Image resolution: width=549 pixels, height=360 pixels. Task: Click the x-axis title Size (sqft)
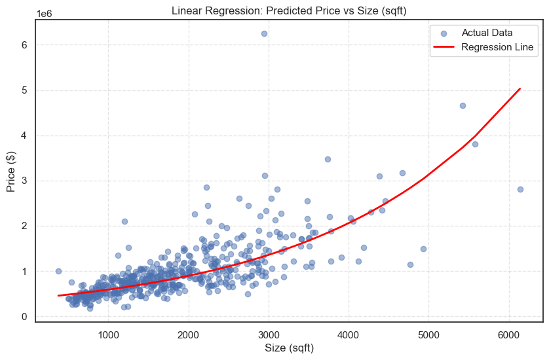point(288,348)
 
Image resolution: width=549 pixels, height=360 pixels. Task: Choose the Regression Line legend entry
point(497,47)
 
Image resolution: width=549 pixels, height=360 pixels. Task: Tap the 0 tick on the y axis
point(24,317)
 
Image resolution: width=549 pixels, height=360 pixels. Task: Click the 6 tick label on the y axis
point(24,45)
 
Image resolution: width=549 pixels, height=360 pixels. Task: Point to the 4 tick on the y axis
point(24,135)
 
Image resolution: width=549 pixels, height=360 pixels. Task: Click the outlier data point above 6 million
point(264,33)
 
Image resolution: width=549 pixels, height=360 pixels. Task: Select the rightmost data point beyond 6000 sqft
point(520,189)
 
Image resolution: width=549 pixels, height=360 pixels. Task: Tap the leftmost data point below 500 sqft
point(58,271)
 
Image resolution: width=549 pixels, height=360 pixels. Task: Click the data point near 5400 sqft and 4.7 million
point(463,105)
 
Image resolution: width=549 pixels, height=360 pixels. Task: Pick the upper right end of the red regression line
point(520,88)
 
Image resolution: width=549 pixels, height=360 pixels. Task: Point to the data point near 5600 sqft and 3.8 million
point(475,144)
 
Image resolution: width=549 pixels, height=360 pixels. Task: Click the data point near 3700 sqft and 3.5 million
point(328,159)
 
